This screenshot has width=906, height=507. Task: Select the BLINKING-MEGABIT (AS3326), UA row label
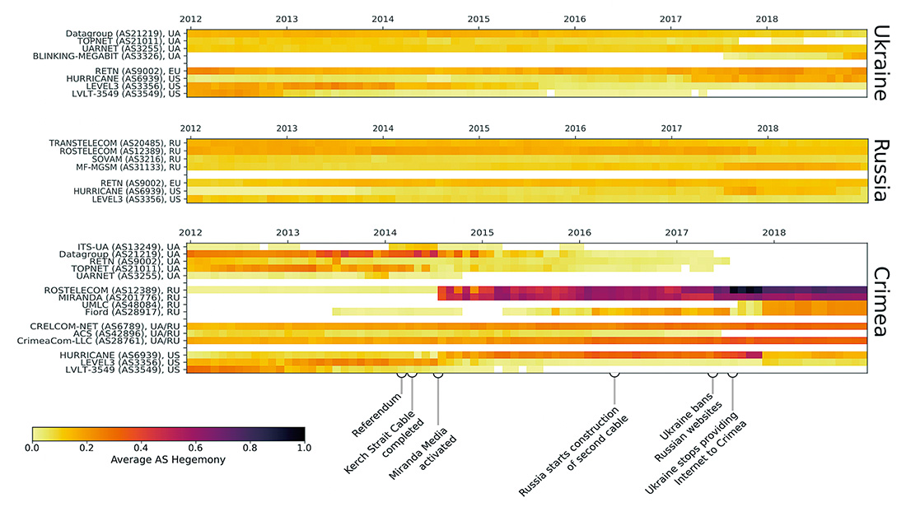pos(105,56)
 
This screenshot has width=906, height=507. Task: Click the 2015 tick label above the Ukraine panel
pos(479,18)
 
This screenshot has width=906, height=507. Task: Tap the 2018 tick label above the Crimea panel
pos(773,233)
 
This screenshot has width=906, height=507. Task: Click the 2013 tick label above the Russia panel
pos(287,128)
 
